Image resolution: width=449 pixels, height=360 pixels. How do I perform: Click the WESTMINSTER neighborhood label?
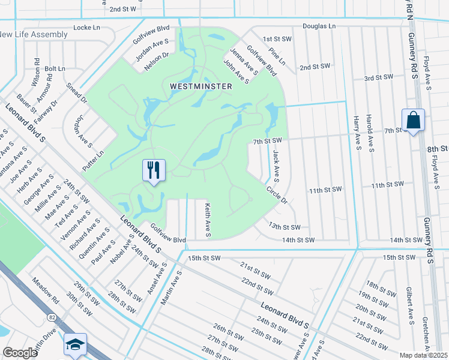(200, 86)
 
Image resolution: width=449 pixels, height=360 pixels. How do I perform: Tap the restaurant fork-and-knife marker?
(154, 170)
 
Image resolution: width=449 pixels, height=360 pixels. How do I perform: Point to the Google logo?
(20, 352)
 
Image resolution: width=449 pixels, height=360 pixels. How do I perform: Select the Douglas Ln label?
(319, 27)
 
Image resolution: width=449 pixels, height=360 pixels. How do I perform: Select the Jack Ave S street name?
(276, 166)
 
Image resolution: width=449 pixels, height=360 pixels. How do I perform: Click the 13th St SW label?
(284, 226)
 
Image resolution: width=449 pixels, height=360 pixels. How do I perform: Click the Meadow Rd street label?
(46, 290)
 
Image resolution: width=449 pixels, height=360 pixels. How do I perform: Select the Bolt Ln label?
(55, 69)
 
